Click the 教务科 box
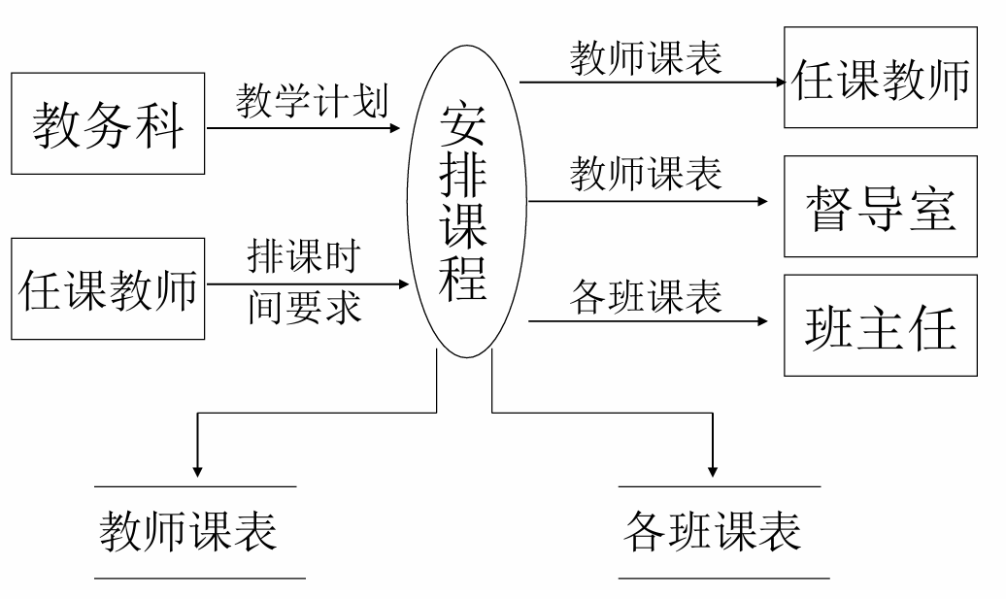tap(109, 123)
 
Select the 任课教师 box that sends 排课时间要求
tap(109, 288)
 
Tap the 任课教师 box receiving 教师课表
tap(881, 79)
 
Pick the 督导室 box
tap(881, 208)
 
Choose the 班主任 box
tap(881, 326)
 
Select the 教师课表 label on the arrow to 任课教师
tap(645, 58)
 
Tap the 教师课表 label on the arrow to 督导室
tap(645, 175)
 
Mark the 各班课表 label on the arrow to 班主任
tap(645, 296)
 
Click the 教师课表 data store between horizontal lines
tap(188, 531)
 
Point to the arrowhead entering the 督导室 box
tap(762, 202)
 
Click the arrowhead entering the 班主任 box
tap(762, 321)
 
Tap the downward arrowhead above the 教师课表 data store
tap(197, 470)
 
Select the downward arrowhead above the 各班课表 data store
tap(714, 470)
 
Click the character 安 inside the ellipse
tap(464, 124)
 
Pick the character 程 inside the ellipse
tap(464, 279)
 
